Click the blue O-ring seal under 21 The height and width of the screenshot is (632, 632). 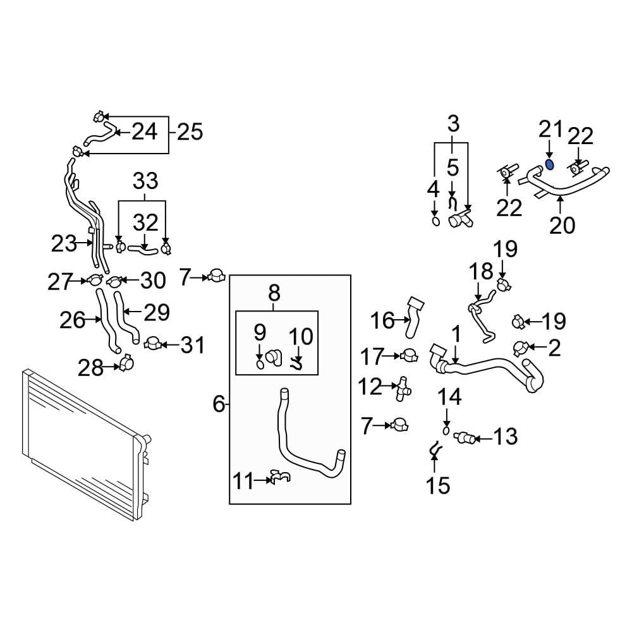coord(550,165)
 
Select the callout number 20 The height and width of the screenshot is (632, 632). coord(562,224)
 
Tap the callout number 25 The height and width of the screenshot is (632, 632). coord(190,132)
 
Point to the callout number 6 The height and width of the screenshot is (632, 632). coord(219,403)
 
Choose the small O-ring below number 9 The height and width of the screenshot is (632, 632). coord(260,364)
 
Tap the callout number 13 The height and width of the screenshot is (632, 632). coord(505,436)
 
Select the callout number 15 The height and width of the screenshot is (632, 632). coord(437,485)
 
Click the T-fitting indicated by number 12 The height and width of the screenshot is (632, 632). coord(400,388)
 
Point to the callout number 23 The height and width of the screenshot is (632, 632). coord(64,243)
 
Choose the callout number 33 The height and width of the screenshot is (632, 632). coord(146,182)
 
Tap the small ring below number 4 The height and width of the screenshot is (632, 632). coord(435,221)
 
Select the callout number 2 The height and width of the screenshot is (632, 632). coord(554,347)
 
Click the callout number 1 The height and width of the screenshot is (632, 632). coord(456,336)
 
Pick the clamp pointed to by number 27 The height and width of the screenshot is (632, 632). coord(95,280)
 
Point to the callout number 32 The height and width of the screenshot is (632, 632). coord(146,222)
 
